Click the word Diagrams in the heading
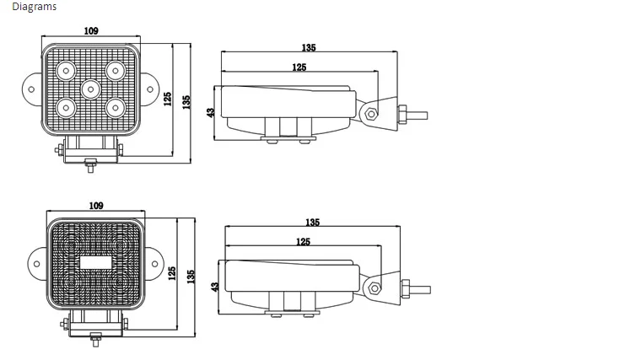(x=35, y=7)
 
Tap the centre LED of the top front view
(x=90, y=89)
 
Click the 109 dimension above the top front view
(x=91, y=30)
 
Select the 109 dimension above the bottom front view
(x=96, y=206)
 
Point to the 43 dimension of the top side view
(x=211, y=113)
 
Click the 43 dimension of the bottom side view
(x=214, y=287)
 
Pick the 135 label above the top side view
(x=309, y=47)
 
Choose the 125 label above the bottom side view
(x=303, y=242)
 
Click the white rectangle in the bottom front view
(x=96, y=262)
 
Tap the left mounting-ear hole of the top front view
(x=31, y=89)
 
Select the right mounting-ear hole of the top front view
(x=150, y=89)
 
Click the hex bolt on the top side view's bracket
(x=371, y=115)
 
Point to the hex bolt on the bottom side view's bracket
(x=374, y=288)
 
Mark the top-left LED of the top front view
(x=66, y=71)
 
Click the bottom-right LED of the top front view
(x=116, y=108)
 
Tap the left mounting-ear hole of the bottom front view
(x=36, y=264)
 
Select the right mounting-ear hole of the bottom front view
(x=154, y=264)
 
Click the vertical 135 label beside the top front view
(x=186, y=102)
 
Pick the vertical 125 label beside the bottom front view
(x=172, y=274)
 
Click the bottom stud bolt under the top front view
(x=91, y=165)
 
